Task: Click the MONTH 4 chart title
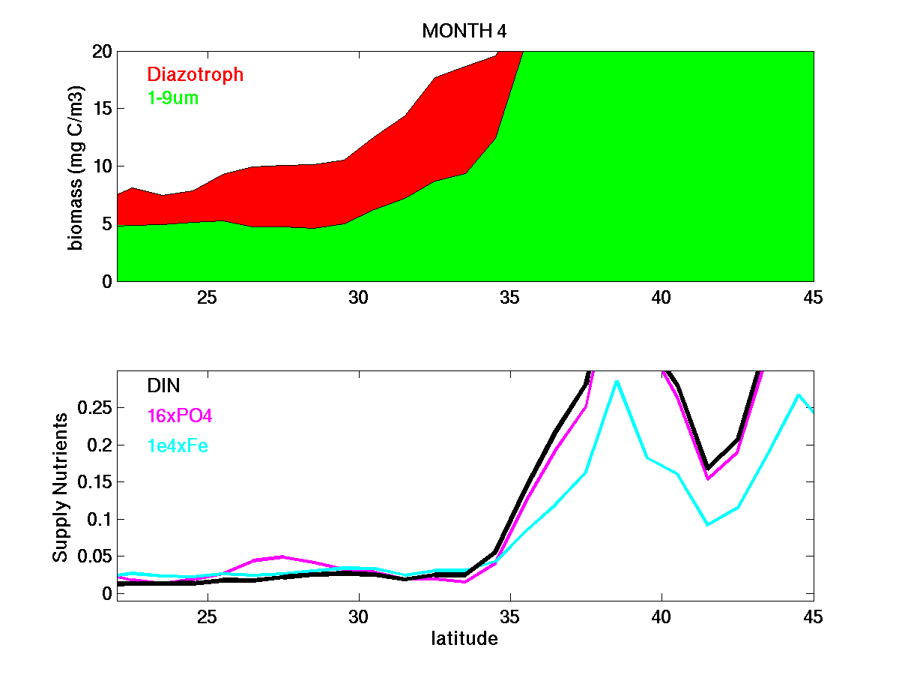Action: [x=464, y=31]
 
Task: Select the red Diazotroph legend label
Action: [x=195, y=74]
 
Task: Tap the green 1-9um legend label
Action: [x=173, y=97]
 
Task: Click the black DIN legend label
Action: [x=163, y=385]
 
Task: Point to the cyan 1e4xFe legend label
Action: [x=178, y=446]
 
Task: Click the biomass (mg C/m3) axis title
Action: [x=76, y=166]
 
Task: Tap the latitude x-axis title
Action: [x=464, y=639]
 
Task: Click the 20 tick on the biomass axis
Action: [x=102, y=51]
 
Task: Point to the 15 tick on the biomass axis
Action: [x=102, y=109]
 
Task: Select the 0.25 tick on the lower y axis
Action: [x=94, y=408]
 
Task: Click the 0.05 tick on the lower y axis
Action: [x=94, y=556]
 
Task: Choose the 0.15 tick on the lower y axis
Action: [x=94, y=482]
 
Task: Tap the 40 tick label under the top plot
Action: [x=662, y=298]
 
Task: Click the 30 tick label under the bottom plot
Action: [x=359, y=616]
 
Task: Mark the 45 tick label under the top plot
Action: [x=812, y=298]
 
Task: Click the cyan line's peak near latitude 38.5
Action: [x=616, y=381]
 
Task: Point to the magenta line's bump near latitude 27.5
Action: [x=282, y=556]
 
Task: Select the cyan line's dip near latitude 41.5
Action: [x=707, y=524]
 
